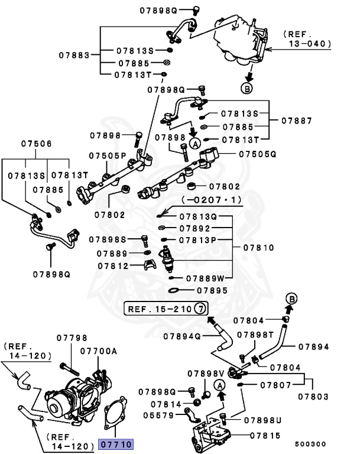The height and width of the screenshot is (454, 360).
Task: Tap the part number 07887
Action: pyautogui.click(x=296, y=120)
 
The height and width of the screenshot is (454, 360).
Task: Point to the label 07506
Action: pyautogui.click(x=37, y=144)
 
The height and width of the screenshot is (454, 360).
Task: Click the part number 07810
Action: pyautogui.click(x=258, y=247)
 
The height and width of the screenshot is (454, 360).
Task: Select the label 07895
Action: pyautogui.click(x=212, y=290)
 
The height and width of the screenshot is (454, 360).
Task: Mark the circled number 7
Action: pyautogui.click(x=200, y=308)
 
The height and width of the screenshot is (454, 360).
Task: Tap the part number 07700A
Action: pyautogui.click(x=99, y=351)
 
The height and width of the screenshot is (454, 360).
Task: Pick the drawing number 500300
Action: pyautogui.click(x=311, y=443)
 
